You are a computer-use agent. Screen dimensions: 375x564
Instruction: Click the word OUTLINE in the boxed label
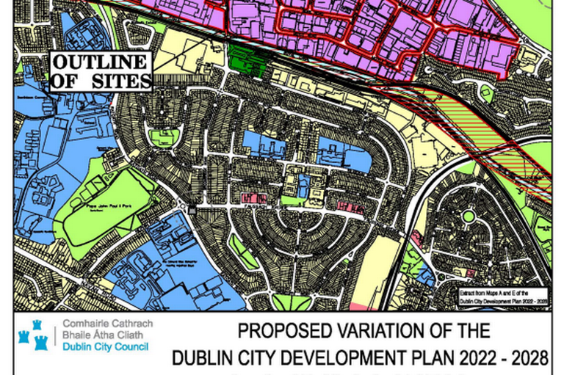point(100,63)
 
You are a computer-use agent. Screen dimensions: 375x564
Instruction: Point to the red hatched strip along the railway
point(470,117)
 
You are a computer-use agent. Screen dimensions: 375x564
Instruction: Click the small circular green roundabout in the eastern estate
point(466,216)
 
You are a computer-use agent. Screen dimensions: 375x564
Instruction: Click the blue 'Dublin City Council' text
point(106,346)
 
